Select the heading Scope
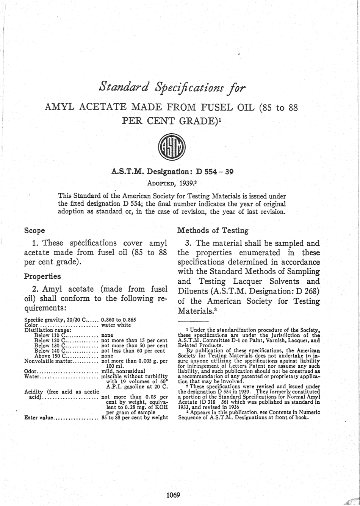[x=34, y=230]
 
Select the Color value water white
[x=116, y=325]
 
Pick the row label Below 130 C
[x=50, y=345]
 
